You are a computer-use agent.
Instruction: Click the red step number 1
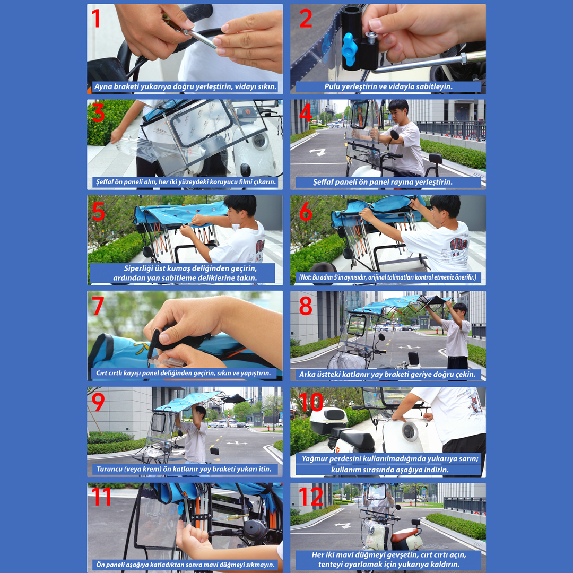click(95, 18)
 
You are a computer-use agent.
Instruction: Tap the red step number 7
click(98, 306)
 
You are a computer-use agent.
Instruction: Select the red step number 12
click(311, 496)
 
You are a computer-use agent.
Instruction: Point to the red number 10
click(311, 402)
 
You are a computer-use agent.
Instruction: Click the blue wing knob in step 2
click(349, 49)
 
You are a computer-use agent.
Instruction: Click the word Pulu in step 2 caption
click(332, 86)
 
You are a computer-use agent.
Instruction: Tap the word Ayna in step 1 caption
click(103, 87)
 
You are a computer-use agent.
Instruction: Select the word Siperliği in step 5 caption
click(138, 268)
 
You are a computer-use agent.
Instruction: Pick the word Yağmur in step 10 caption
click(315, 459)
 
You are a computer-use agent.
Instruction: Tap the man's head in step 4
click(398, 109)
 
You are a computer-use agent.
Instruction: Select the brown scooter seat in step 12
click(406, 533)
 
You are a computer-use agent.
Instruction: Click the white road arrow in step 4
click(318, 152)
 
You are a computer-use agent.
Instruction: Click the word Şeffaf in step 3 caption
click(105, 182)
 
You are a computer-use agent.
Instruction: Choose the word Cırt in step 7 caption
click(101, 373)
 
